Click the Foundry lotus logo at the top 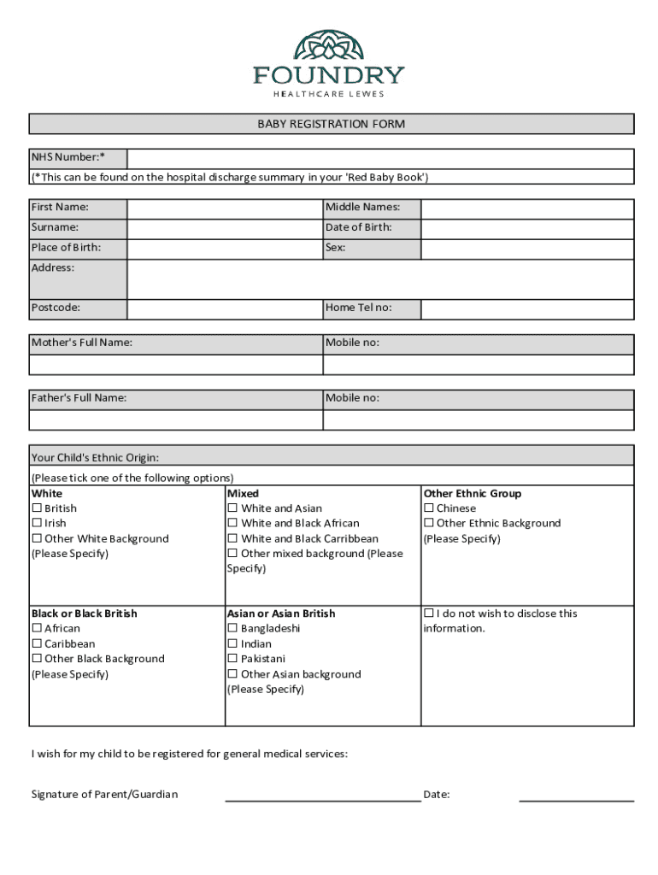coord(329,47)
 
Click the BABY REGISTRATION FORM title coord(332,124)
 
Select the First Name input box coord(225,208)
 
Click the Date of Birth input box coord(527,228)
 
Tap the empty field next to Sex coord(527,249)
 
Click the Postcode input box coord(225,308)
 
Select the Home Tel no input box coord(527,308)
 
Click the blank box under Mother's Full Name coord(176,365)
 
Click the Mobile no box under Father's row coord(479,420)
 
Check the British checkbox coord(37,508)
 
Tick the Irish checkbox coord(37,523)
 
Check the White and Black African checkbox coord(232,523)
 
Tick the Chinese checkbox coord(429,508)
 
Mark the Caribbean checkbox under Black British coord(37,643)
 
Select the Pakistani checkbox coord(232,659)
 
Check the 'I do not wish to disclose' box coord(429,614)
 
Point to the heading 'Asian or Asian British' coord(281,614)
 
